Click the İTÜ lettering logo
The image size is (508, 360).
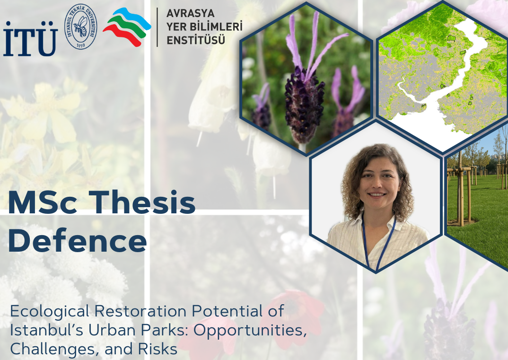30,39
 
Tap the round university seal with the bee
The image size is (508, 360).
81,26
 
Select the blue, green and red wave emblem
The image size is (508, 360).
127,26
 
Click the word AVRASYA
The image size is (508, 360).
191,13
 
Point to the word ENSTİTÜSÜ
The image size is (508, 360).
196,40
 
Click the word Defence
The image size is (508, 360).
78,240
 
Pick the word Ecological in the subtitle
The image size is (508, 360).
50,312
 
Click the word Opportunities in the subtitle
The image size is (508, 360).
250,331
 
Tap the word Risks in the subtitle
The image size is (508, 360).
158,349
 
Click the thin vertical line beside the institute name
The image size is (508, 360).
158,27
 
